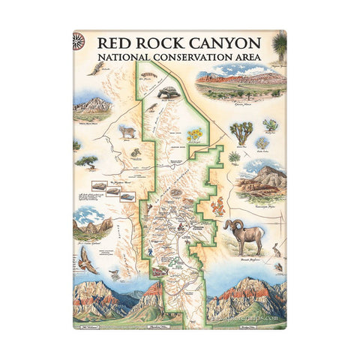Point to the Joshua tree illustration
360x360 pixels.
pos(241,133)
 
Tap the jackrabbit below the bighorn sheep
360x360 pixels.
pos(276,253)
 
